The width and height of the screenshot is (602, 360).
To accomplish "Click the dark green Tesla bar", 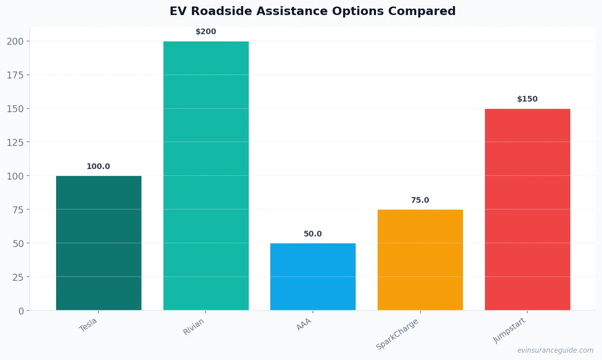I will pos(99,243).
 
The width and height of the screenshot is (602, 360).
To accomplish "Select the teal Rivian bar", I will pos(206,176).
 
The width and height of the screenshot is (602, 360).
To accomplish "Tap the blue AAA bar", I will pos(313,277).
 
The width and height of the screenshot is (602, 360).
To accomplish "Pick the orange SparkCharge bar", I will pos(420,260).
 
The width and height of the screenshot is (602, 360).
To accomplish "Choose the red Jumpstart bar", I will pos(527,209).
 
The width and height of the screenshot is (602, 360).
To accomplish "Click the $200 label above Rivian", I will pos(206,32).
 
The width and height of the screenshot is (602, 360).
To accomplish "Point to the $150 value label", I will pos(527,99).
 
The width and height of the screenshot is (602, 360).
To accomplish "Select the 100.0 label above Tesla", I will pos(98,167).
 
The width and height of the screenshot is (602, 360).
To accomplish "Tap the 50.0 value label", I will pos(313,234).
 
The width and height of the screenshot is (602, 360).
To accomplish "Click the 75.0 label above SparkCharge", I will pos(420,200).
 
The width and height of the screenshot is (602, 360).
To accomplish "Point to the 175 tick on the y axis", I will pos(15,75).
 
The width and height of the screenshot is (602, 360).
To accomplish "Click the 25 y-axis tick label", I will pos(18,277).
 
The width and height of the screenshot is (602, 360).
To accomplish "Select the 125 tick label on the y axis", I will pos(15,142).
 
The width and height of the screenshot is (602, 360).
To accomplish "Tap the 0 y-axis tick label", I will pos(21,311).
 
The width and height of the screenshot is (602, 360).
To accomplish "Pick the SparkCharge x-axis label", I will pos(397,334).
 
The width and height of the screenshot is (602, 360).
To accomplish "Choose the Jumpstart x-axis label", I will pos(509,330).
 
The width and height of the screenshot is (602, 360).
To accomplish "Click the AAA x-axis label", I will pos(304,324).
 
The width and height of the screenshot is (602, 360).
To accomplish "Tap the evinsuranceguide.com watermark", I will pos(555,350).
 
